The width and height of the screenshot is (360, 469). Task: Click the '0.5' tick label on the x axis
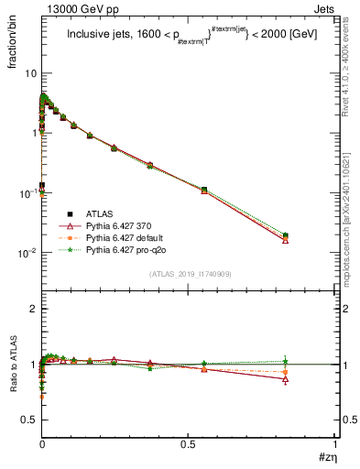[188, 444]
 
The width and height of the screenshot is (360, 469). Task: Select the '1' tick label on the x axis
[335, 444]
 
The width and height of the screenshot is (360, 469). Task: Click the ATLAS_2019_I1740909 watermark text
[188, 274]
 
